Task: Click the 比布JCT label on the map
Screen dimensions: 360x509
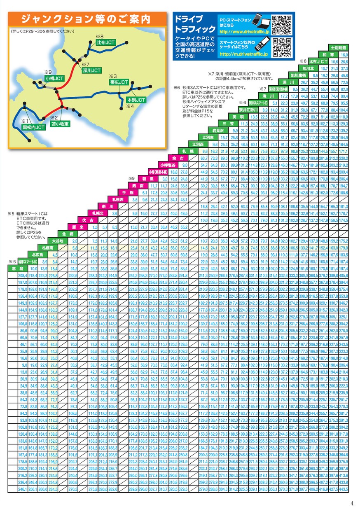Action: [x=105, y=42]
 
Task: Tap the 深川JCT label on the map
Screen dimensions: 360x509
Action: [x=91, y=70]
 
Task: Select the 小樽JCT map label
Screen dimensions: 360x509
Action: [x=54, y=78]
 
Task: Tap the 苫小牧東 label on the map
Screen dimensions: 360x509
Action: [x=60, y=124]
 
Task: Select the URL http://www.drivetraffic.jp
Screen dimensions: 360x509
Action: [x=244, y=31]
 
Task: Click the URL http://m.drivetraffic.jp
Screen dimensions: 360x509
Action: [x=243, y=54]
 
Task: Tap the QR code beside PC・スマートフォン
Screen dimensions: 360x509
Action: [x=281, y=25]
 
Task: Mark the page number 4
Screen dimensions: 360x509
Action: [x=352, y=502]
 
